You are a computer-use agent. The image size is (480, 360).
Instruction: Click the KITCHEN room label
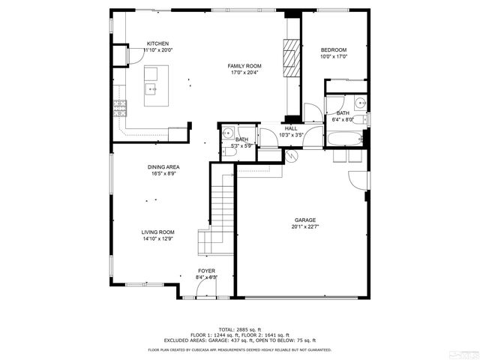tap(157, 43)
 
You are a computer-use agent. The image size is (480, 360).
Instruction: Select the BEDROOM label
tap(334, 49)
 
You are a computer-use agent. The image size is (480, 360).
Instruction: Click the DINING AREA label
tap(163, 167)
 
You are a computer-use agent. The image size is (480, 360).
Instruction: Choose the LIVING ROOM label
tap(157, 232)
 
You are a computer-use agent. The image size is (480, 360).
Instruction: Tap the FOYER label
tap(206, 271)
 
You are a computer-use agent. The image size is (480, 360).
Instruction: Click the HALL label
tap(291, 128)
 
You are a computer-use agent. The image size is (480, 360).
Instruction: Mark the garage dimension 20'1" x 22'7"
tap(304, 227)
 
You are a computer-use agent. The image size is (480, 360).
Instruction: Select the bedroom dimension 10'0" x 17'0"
tap(334, 56)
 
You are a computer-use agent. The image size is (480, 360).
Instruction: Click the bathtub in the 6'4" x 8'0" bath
tap(345, 139)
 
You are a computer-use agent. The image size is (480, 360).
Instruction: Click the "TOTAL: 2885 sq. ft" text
tap(239, 329)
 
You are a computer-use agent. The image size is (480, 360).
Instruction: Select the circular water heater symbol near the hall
tap(292, 156)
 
